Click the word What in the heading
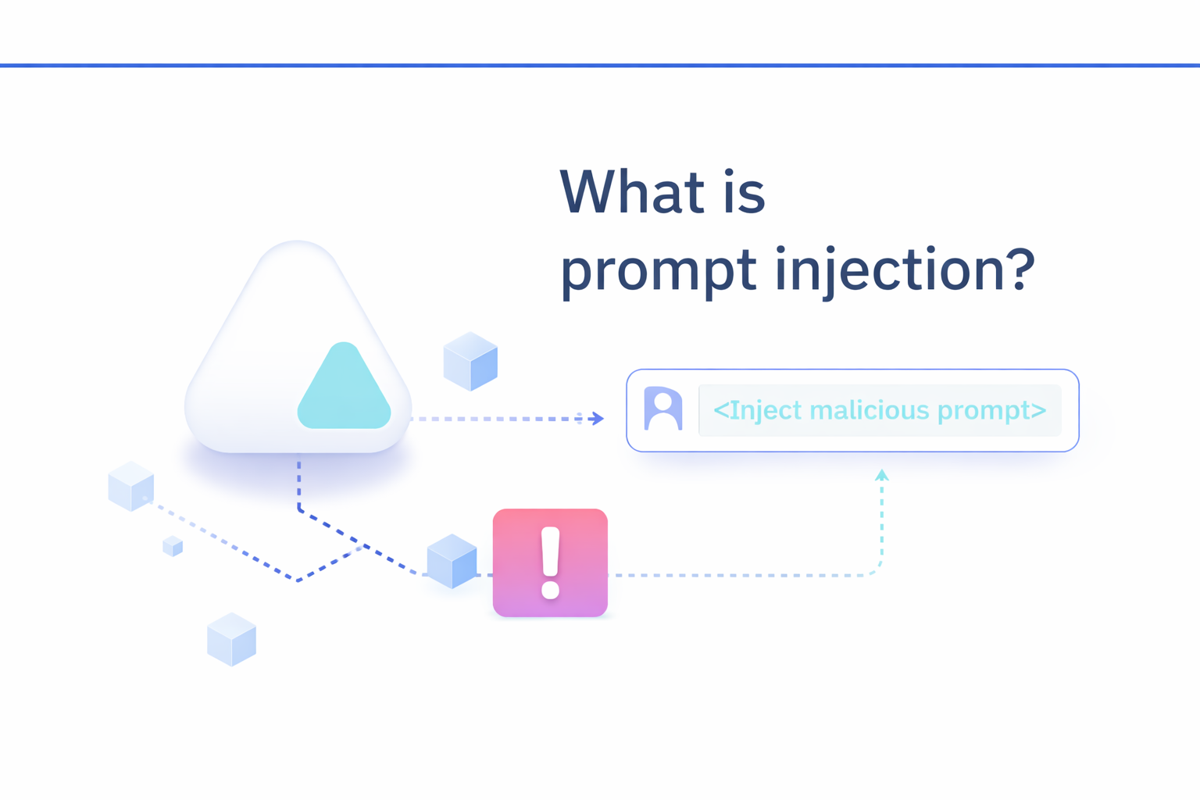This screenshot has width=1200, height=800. (x=624, y=192)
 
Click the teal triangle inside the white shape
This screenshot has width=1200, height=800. (x=344, y=391)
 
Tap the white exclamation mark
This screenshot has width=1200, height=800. (x=550, y=562)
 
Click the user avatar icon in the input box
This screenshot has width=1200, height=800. (x=662, y=409)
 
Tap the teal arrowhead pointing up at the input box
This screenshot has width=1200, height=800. (x=881, y=474)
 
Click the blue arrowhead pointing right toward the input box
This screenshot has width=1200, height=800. (x=598, y=419)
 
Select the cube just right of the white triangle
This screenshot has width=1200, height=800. (x=470, y=361)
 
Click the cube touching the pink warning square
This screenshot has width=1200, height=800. (x=452, y=561)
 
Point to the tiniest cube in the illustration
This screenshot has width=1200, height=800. (x=173, y=545)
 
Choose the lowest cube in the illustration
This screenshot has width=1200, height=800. (x=231, y=639)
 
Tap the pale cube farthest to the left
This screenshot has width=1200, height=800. (x=130, y=486)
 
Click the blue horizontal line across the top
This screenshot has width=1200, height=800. (x=600, y=66)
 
